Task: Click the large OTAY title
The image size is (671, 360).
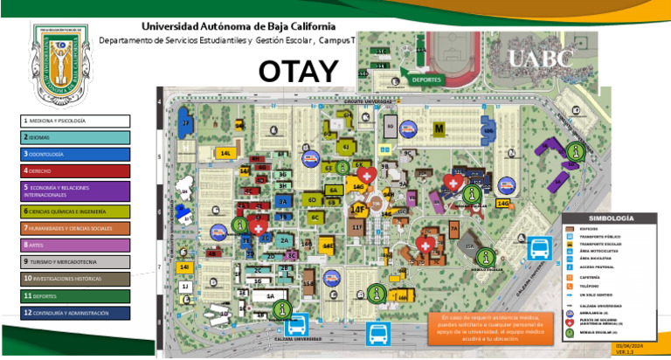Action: pos(298,69)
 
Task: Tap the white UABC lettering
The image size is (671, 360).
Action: pos(541,59)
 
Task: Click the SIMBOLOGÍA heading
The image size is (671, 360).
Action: pos(611,218)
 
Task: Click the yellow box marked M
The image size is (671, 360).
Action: pos(439,128)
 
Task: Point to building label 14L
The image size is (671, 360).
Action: pos(225,153)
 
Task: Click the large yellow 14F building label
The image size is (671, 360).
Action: pos(358,210)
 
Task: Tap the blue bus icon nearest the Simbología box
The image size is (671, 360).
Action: pos(538,250)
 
